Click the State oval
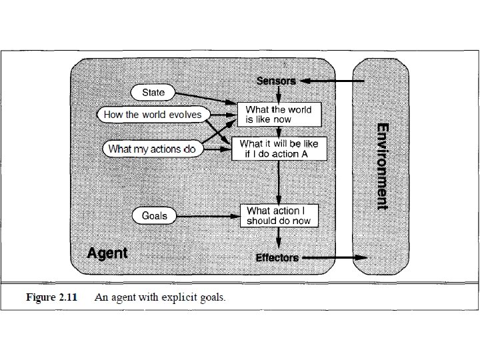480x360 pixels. click(153, 92)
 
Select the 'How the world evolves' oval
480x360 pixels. click(152, 115)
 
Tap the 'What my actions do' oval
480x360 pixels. click(152, 149)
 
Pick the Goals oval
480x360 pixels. click(154, 215)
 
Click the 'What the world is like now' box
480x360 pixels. click(279, 114)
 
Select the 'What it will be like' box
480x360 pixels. click(279, 149)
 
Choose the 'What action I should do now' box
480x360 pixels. click(279, 215)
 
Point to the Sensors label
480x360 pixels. click(276, 81)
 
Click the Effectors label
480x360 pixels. click(277, 257)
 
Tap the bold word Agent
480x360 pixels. click(107, 253)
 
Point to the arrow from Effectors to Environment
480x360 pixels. click(333, 257)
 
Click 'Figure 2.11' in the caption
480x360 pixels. click(51, 297)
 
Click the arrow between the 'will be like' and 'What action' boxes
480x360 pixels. click(279, 181)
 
